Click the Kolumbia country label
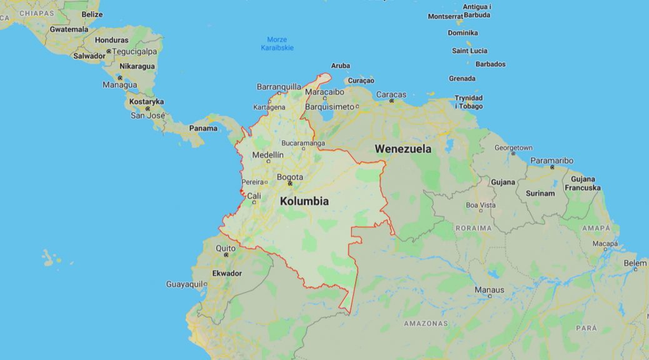tap(304, 201)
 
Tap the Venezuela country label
tap(403, 149)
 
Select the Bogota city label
tap(289, 177)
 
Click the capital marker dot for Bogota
tap(289, 184)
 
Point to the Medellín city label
tap(268, 155)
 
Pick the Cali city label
tap(254, 196)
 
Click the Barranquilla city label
tap(279, 87)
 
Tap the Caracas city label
tap(391, 94)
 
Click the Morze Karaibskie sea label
tap(277, 44)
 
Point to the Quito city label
tap(225, 248)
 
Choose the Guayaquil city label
tap(184, 284)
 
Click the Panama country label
tap(203, 128)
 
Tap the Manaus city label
tap(489, 289)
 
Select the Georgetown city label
tap(513, 148)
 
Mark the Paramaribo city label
tap(551, 161)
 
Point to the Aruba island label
tap(340, 66)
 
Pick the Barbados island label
tap(490, 64)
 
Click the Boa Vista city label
tap(480, 205)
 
